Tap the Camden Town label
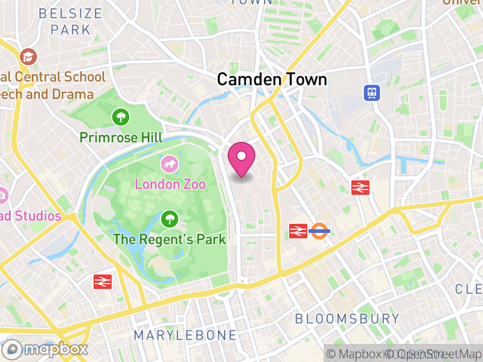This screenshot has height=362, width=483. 272,79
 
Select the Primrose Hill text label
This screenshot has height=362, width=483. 121,138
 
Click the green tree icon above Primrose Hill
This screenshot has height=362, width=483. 121,115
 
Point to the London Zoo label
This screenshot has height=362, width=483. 170,184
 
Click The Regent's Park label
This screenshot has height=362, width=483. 170,240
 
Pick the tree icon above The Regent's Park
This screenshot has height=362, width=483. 170,218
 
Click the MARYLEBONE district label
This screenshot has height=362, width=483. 185,335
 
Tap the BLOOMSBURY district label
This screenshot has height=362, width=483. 347,319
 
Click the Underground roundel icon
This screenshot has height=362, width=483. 319,230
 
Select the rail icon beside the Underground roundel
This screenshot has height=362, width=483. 298,230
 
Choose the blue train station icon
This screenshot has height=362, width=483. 371,92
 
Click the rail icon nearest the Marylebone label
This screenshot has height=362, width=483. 103,281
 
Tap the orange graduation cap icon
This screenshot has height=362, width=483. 28,57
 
